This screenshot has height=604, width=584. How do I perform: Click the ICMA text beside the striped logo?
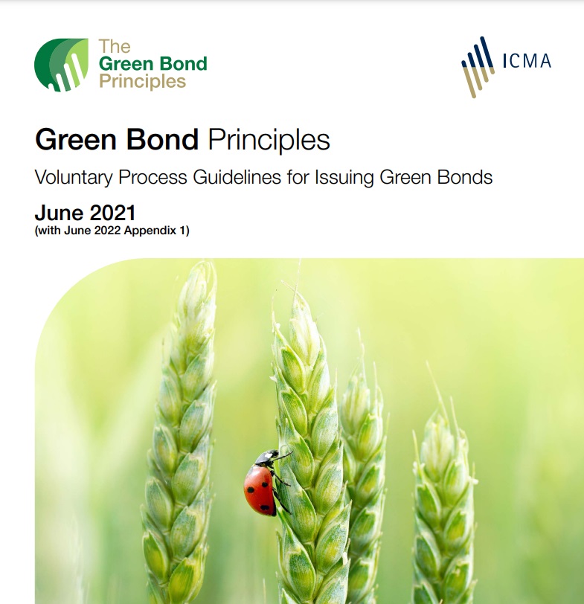(x=526, y=60)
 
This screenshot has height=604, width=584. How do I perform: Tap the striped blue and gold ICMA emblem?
(x=477, y=66)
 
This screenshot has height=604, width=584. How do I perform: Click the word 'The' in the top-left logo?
(x=115, y=47)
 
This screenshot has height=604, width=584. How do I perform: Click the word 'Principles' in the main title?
(x=269, y=140)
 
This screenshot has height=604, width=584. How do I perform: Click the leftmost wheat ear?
(x=182, y=446)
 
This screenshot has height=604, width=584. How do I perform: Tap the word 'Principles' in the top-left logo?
(x=142, y=80)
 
